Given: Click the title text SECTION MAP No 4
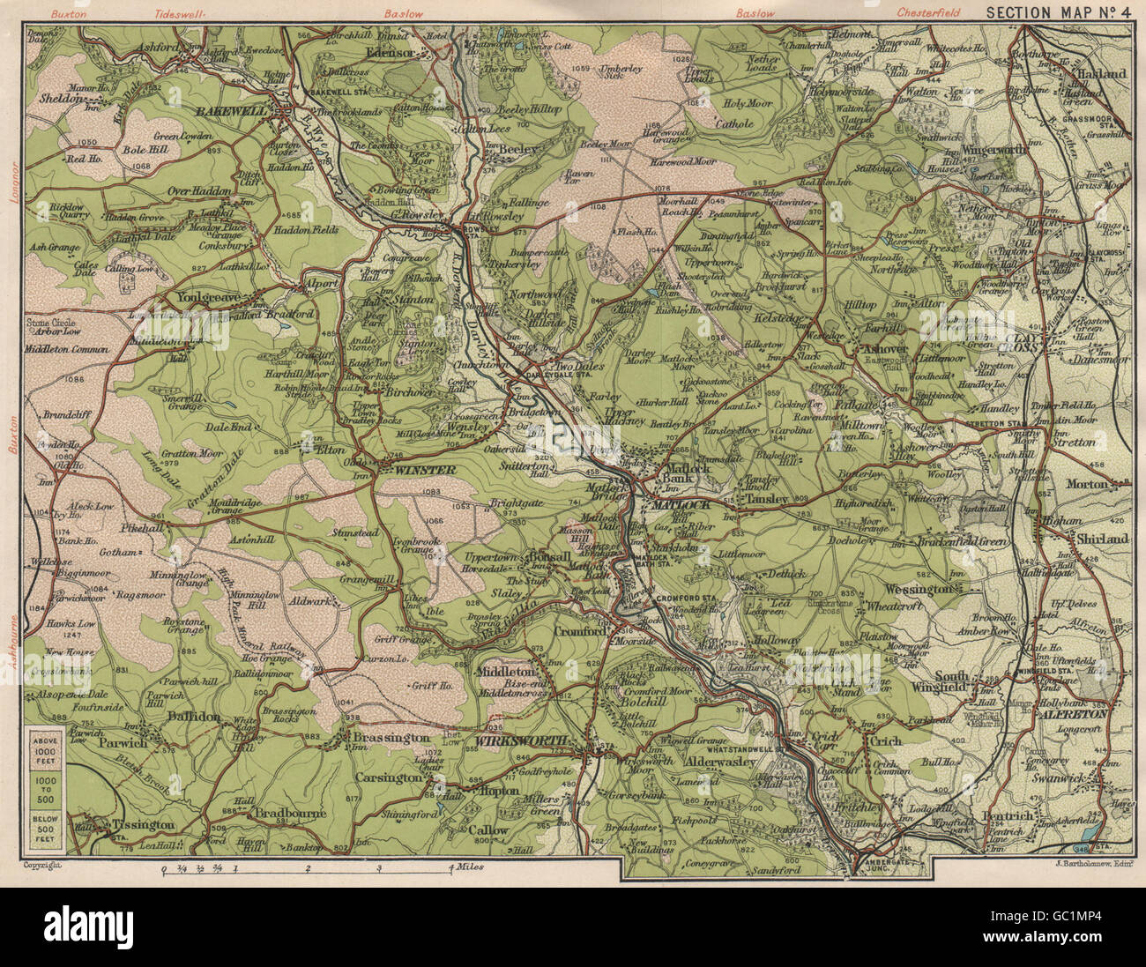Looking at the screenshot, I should pos(1058,12).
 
